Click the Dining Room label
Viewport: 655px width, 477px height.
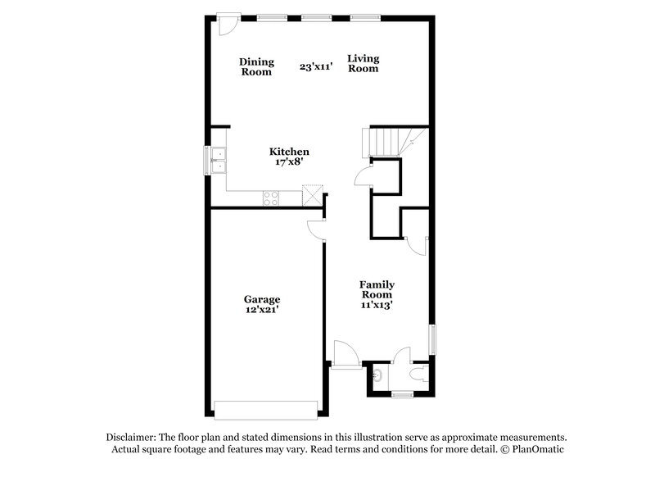(x=255, y=66)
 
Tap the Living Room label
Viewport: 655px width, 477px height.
(x=363, y=63)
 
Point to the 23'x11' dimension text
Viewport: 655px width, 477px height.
(x=316, y=67)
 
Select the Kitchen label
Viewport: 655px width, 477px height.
(x=290, y=152)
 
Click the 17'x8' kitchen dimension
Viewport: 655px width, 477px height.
(x=290, y=162)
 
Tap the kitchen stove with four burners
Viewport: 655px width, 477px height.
(x=271, y=197)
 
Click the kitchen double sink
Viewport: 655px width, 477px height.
(x=218, y=159)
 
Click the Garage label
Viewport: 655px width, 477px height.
(x=262, y=300)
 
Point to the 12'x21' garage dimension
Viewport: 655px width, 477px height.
(x=262, y=311)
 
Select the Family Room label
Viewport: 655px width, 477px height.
(x=376, y=288)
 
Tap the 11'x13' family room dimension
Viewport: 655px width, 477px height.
(x=376, y=305)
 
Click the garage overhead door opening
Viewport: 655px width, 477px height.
(x=265, y=407)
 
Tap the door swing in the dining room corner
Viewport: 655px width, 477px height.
(x=228, y=25)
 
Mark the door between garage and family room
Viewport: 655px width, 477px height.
(x=316, y=230)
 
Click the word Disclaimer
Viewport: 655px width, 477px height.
(x=130, y=438)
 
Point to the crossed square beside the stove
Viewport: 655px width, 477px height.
(x=312, y=195)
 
